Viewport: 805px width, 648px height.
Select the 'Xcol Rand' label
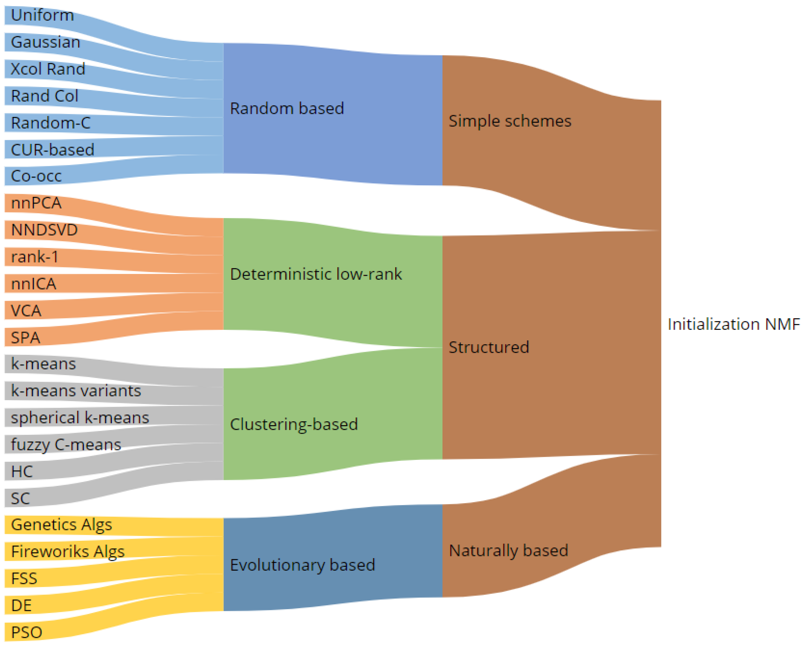tap(48, 69)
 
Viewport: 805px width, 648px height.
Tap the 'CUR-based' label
tap(52, 150)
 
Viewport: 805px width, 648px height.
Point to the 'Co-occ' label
tap(36, 176)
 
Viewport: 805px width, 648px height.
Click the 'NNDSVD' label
tap(44, 230)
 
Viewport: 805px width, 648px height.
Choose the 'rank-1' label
tap(35, 257)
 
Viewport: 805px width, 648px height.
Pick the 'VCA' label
tap(26, 310)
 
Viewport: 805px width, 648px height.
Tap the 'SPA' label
tap(25, 338)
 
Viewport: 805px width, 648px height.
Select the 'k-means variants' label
tap(76, 391)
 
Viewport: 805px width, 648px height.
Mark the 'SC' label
tap(20, 499)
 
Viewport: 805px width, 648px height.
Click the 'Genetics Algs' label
tap(62, 525)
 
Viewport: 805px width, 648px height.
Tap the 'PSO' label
tap(27, 633)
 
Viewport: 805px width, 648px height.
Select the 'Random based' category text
tap(286, 109)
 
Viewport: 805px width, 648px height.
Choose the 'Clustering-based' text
tap(294, 424)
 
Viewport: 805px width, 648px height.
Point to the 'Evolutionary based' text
tap(302, 565)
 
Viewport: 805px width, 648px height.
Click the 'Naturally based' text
tap(508, 550)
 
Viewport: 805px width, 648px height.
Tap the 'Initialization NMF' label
tap(733, 324)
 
